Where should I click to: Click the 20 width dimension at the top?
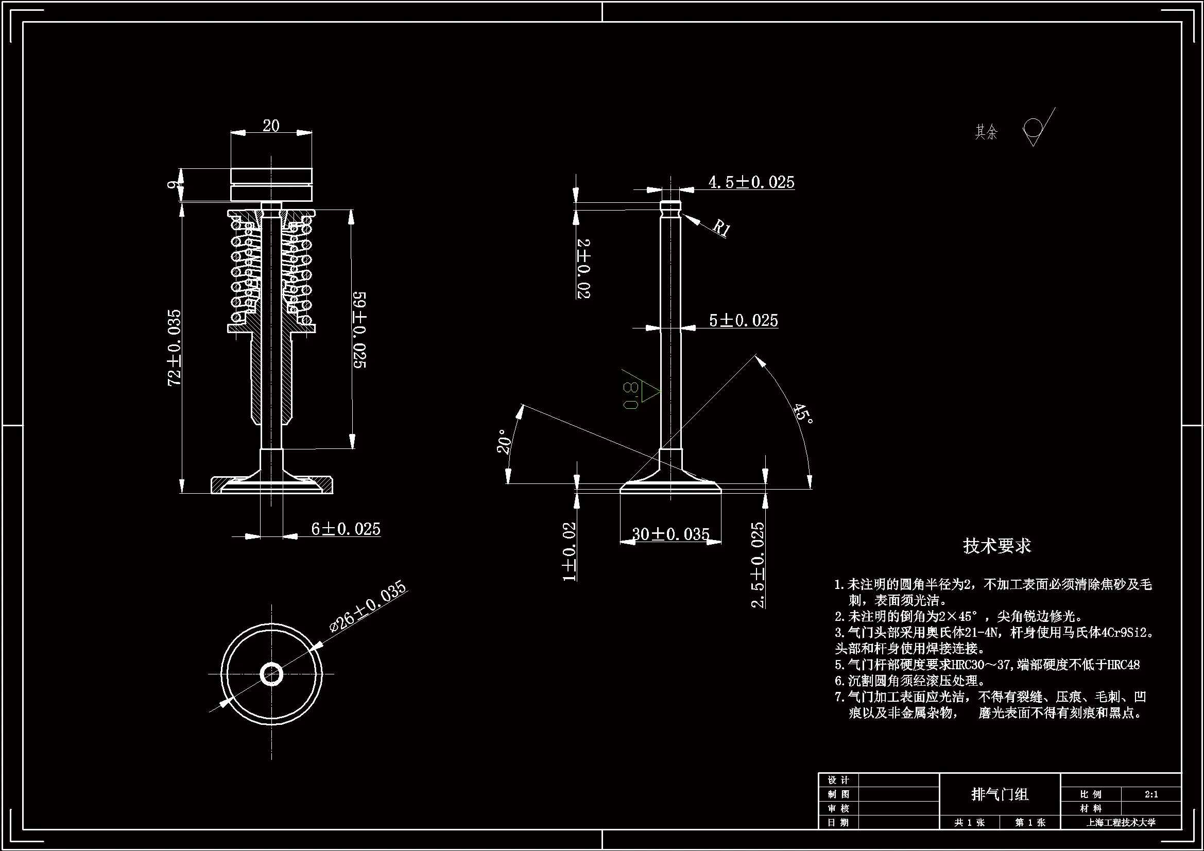(270, 126)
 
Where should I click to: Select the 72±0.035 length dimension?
(174, 348)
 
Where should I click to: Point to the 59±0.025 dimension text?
(359, 330)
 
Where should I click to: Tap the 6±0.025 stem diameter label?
(346, 529)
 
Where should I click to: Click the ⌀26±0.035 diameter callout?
(368, 605)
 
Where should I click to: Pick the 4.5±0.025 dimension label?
(751, 182)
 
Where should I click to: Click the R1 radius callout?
(721, 228)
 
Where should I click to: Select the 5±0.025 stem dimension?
(743, 320)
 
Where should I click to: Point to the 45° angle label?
(803, 414)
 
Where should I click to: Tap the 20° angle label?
(504, 442)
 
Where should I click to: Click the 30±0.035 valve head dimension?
(670, 534)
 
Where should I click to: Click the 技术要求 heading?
(996, 546)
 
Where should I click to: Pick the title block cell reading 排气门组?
(1000, 794)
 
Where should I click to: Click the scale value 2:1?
(1151, 794)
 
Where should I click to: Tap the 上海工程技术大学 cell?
(1121, 823)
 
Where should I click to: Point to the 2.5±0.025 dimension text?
(758, 565)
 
